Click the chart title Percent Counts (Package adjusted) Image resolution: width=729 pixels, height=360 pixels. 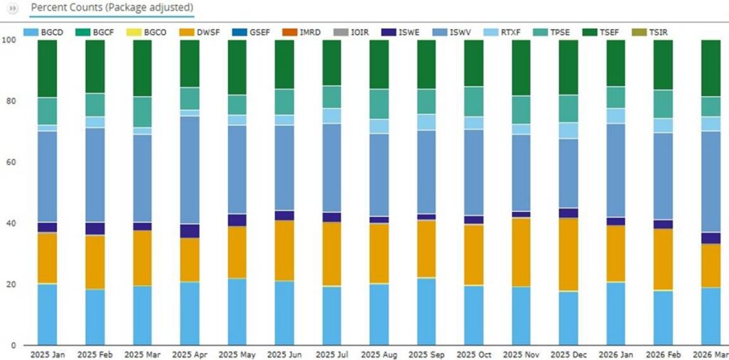coord(112,8)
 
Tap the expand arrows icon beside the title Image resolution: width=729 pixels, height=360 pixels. coord(13,9)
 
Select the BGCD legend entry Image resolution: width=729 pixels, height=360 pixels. coord(43,33)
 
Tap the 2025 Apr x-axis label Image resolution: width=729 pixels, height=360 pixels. coord(189,355)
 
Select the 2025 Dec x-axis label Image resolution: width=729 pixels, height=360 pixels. coord(569,355)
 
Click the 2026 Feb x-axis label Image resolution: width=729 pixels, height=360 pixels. coord(664,355)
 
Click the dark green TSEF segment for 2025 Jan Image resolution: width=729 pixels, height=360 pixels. coord(48,69)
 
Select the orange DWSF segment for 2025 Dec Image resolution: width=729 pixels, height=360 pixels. coord(569,255)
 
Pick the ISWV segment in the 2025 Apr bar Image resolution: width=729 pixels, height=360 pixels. coord(189,170)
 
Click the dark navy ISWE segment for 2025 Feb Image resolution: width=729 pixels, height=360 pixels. coord(95,228)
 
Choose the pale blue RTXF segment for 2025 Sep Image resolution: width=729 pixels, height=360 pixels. coord(427,122)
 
